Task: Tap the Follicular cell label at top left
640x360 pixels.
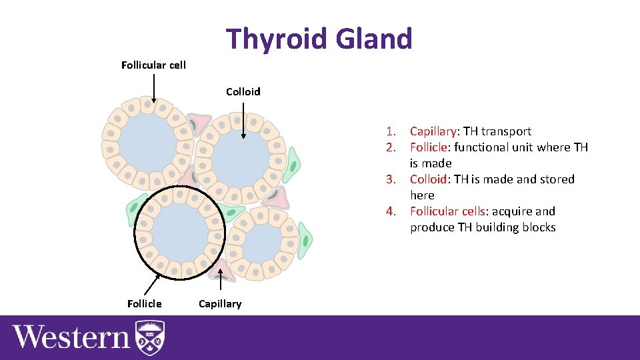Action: tap(153, 65)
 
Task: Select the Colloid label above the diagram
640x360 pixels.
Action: tap(243, 91)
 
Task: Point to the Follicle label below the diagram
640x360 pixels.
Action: tap(144, 304)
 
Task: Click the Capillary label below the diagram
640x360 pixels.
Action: tap(220, 304)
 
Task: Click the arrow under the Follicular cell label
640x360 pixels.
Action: tap(153, 88)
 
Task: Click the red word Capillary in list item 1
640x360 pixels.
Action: tap(433, 131)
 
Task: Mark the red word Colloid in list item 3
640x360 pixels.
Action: tap(428, 179)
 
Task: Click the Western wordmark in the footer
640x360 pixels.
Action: tap(71, 337)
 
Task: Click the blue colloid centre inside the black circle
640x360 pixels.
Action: tap(179, 231)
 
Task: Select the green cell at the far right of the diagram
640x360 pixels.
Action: tap(305, 241)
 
